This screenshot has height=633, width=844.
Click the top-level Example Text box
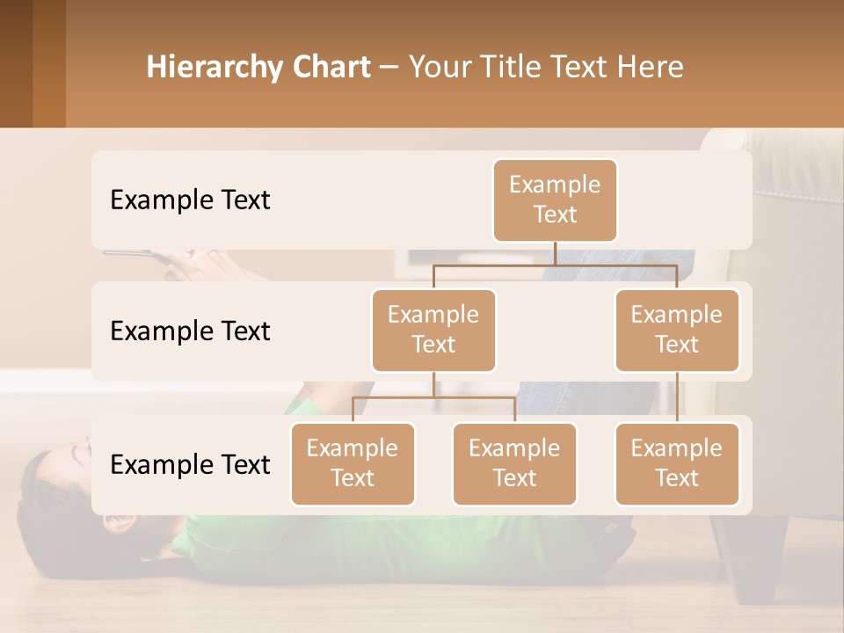[x=555, y=200]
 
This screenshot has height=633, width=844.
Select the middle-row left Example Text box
[x=433, y=331]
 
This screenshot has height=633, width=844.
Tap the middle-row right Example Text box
[x=677, y=331]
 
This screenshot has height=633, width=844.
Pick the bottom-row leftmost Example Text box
[x=353, y=464]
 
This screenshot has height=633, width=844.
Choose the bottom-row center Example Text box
[x=514, y=464]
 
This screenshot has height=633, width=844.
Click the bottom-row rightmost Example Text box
[x=677, y=464]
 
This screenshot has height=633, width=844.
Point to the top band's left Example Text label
[x=190, y=200]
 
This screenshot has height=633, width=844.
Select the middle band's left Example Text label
[x=190, y=331]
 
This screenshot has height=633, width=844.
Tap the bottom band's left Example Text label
[x=190, y=465]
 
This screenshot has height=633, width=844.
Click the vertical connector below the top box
[x=555, y=253]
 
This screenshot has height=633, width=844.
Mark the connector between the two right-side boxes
[x=677, y=397]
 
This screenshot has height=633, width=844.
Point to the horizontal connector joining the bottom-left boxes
[x=433, y=397]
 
